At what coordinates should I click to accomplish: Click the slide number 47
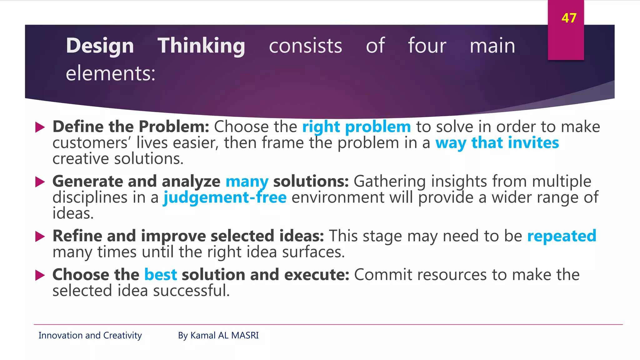pos(568,18)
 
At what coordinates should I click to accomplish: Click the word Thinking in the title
pos(201,46)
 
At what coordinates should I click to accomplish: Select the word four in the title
pos(427,46)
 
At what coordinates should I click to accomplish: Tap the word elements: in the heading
pos(110,73)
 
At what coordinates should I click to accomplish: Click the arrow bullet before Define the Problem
pos(40,127)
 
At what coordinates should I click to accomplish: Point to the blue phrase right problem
pos(356,127)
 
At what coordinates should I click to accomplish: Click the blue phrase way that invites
pos(497,143)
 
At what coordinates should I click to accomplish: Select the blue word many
pos(247,182)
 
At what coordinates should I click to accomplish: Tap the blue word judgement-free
pos(225,197)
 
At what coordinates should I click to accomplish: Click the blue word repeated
pos(562,236)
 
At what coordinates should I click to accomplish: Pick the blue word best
pos(160,275)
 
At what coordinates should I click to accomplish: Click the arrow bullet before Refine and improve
pos(40,236)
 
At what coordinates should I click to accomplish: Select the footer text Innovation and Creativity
pos(90,335)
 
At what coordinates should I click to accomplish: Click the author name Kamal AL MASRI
pos(224,335)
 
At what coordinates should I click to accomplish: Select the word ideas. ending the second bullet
pos(73,213)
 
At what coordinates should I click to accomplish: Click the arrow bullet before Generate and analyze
pos(40,182)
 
